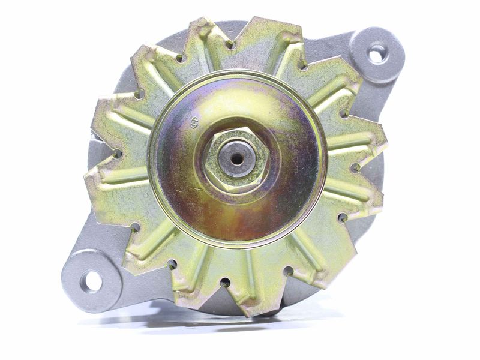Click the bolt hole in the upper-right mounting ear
(377, 55)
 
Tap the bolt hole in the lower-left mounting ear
(91, 280)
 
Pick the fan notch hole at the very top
(230, 44)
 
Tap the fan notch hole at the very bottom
(225, 281)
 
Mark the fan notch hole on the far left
(116, 154)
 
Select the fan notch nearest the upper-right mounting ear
(345, 112)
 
